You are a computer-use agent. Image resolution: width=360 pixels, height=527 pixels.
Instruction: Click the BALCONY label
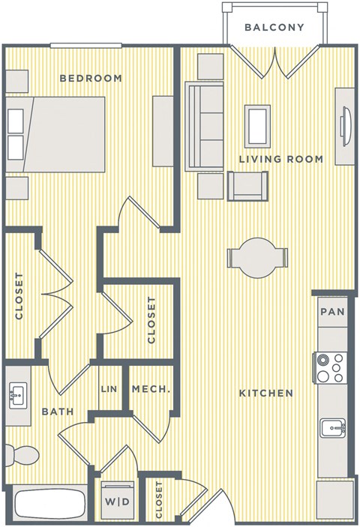point(274,28)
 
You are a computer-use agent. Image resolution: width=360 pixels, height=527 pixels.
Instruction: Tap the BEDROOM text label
point(91,78)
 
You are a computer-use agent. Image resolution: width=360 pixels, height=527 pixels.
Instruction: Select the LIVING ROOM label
point(281,159)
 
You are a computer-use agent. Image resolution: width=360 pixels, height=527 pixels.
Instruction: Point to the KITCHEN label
point(265,393)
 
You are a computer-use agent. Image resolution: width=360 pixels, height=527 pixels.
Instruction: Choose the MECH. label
point(151,390)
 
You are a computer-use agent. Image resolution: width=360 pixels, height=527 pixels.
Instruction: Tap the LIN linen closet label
point(109,390)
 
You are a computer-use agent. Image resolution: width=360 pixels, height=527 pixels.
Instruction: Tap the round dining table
point(257,259)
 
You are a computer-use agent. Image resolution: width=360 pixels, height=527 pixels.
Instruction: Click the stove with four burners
point(329,367)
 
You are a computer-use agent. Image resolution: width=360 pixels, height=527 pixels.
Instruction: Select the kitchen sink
point(330,429)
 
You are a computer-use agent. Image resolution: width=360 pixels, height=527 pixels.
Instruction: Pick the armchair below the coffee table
point(247,186)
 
